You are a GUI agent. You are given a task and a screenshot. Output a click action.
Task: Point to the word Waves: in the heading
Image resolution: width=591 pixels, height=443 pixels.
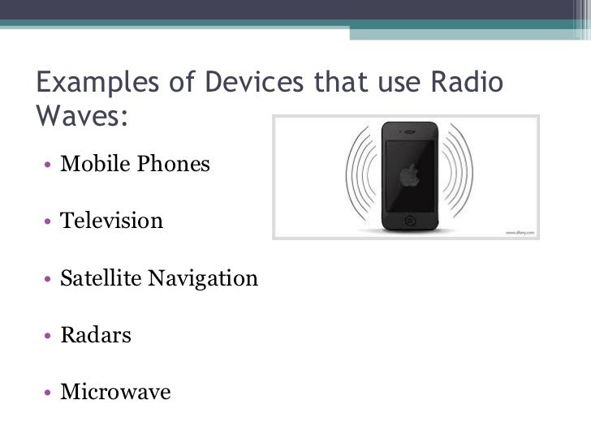coord(82,115)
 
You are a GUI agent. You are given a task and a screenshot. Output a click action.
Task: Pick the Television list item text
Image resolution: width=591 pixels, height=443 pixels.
coord(112,221)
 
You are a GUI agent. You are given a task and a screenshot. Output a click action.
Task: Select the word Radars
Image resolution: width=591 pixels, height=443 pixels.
coord(96,335)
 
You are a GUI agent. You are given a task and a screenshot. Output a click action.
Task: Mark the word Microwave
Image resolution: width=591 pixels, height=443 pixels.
coord(115,393)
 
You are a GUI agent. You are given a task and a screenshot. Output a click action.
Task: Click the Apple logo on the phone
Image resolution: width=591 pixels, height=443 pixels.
coord(410,175)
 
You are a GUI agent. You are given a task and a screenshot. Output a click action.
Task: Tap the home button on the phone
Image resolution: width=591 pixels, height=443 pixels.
coord(410,221)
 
